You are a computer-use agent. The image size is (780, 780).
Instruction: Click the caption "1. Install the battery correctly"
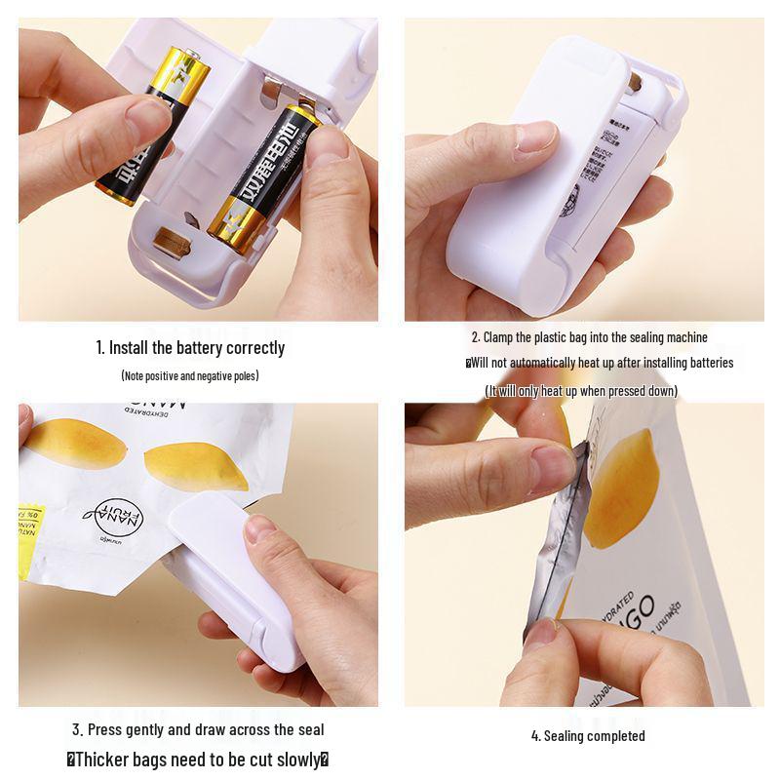point(190,347)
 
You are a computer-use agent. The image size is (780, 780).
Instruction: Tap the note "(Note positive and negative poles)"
point(190,375)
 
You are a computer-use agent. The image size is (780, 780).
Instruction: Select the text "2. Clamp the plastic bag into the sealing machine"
point(589,337)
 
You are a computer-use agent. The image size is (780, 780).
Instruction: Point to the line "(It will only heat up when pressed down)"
point(581,390)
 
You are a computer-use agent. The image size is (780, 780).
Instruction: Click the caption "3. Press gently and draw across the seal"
point(198,728)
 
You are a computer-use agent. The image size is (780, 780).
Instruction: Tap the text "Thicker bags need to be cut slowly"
point(198,759)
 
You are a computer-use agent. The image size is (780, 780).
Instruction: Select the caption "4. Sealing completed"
point(588,735)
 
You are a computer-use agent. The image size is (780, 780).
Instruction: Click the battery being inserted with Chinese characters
point(263,180)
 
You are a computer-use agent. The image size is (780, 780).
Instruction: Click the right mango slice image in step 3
point(200,466)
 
